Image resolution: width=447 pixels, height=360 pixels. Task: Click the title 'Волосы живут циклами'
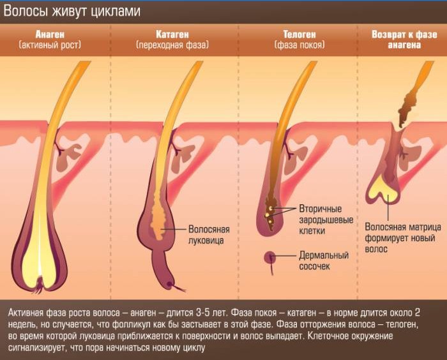(x=72, y=11)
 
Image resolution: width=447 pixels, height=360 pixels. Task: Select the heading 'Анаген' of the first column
(x=50, y=34)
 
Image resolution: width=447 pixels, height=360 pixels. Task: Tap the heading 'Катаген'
(x=172, y=34)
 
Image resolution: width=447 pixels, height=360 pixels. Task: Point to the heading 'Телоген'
(x=299, y=34)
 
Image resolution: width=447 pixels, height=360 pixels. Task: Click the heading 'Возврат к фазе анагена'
(x=404, y=40)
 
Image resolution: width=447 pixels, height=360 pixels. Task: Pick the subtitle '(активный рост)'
(x=50, y=45)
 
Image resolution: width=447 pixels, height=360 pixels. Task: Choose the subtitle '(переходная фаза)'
(x=172, y=45)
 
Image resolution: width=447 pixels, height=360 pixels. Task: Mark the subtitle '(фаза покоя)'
(x=299, y=45)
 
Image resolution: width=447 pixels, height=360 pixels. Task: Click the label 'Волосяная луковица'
(x=209, y=235)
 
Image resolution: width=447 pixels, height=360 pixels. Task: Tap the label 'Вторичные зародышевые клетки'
(x=326, y=220)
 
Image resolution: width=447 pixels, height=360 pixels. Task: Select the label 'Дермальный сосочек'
(x=324, y=260)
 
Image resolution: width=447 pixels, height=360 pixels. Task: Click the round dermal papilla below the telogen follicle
(x=269, y=258)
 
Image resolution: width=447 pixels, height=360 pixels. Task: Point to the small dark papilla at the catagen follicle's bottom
(x=170, y=284)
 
